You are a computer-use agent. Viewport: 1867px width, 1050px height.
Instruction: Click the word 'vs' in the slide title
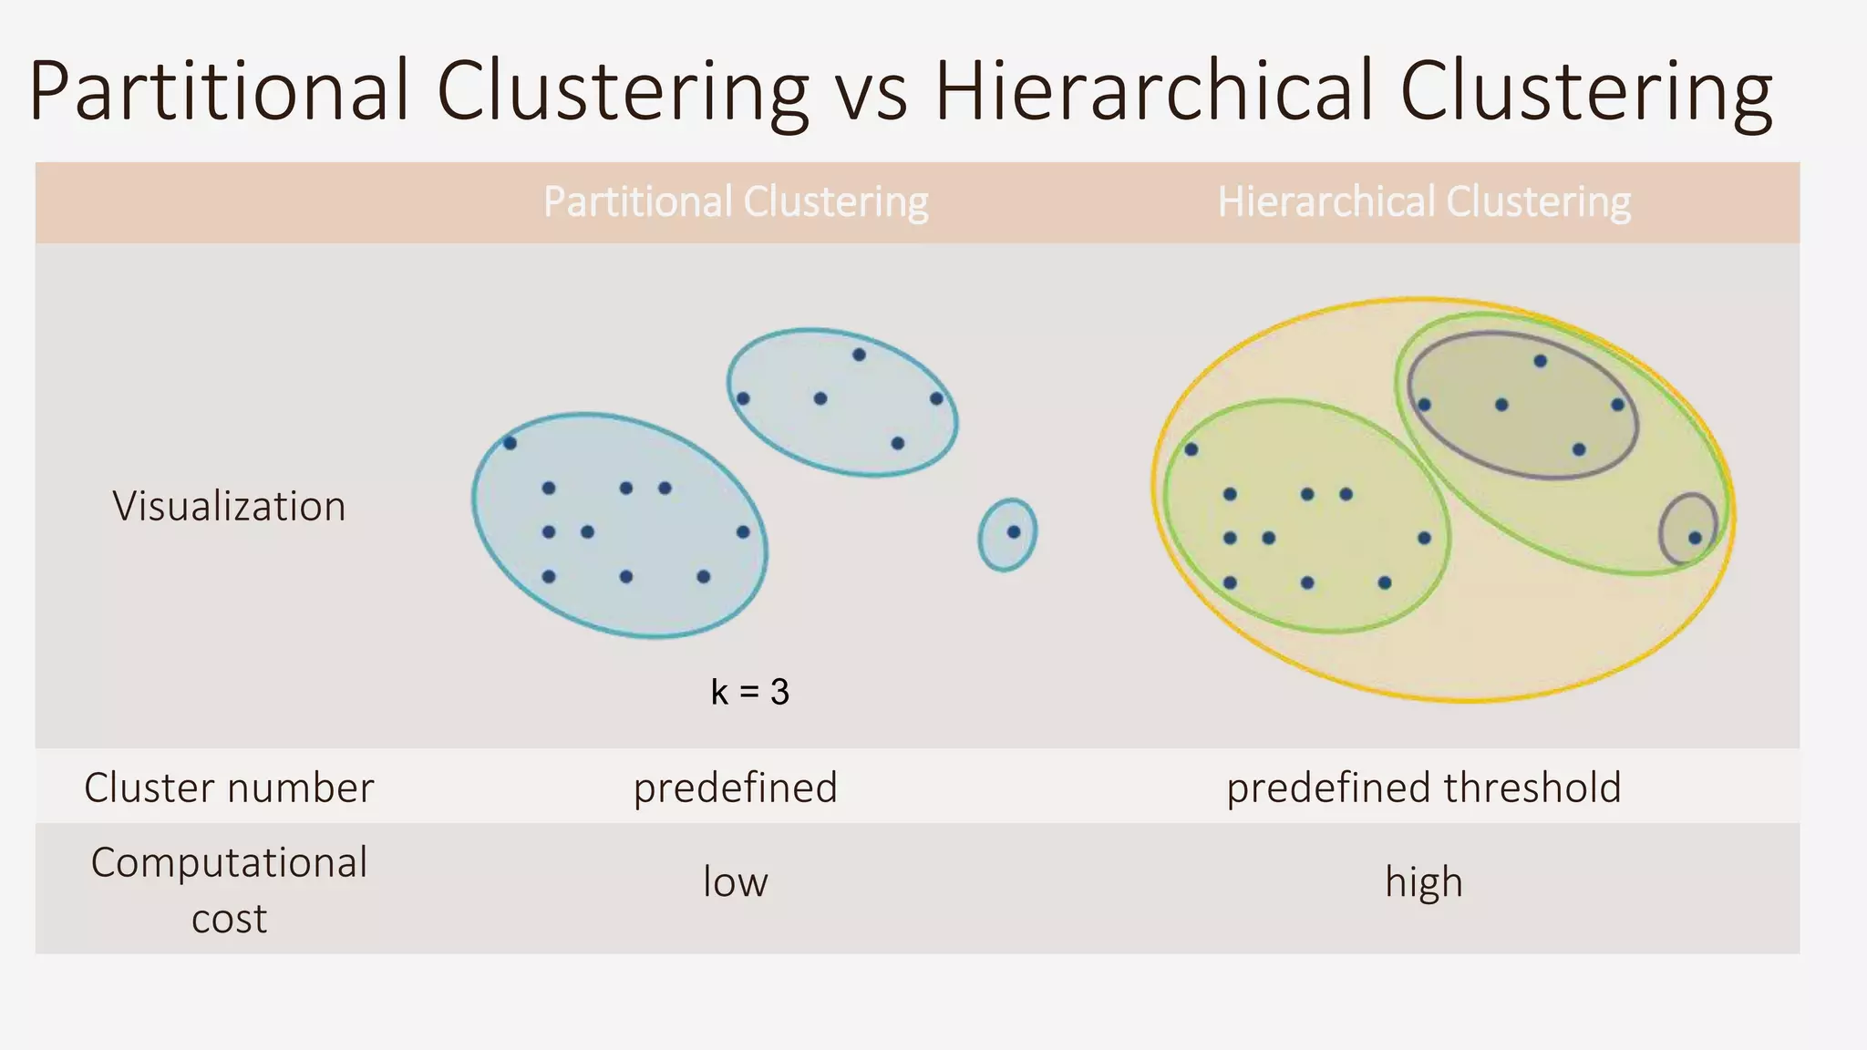872,91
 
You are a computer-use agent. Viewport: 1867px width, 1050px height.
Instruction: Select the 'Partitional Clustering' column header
735,201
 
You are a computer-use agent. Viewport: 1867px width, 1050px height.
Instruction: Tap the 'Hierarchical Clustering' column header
1424,201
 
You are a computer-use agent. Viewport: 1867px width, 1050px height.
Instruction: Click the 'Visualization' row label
229,506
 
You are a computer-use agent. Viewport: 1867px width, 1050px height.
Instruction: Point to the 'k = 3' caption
749,692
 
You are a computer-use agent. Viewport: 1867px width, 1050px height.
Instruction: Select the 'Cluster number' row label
229,787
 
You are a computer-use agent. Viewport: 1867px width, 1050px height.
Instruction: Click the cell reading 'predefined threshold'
1424,787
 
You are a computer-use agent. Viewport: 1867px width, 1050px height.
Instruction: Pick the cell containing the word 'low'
735,882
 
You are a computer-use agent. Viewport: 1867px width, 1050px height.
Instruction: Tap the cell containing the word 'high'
1424,882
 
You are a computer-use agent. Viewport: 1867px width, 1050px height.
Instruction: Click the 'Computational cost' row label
229,890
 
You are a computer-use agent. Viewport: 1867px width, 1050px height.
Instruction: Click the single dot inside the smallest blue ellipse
1014,531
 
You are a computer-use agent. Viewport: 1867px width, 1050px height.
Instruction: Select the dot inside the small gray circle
1695,538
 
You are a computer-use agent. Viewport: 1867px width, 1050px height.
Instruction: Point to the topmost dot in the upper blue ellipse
859,355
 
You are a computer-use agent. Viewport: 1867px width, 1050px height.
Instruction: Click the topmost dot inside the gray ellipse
1541,361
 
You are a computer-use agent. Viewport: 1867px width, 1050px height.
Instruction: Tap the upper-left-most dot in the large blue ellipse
510,443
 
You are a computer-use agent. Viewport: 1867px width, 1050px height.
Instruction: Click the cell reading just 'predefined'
735,787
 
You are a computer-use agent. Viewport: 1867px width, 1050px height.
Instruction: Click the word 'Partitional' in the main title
220,91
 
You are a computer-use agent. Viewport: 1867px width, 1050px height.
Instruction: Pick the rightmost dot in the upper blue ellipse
936,398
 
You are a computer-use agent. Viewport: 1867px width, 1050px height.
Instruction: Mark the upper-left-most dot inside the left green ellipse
1191,449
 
